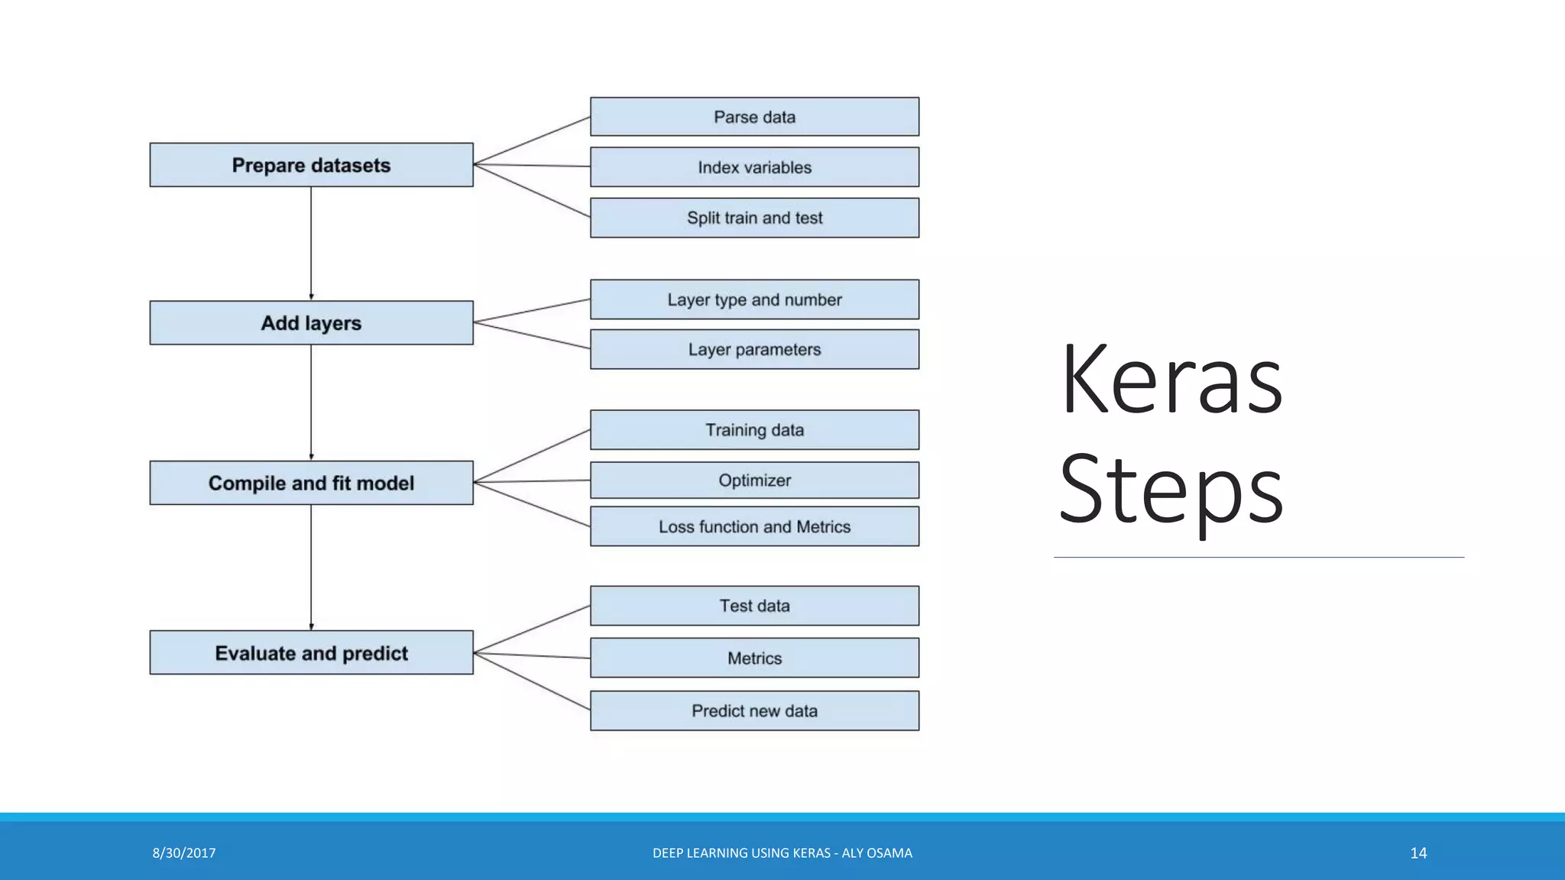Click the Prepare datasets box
pyautogui.click(x=311, y=165)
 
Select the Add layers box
pyautogui.click(x=311, y=323)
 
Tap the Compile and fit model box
pyautogui.click(x=311, y=483)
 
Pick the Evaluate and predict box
pyautogui.click(x=311, y=653)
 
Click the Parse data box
pyautogui.click(x=754, y=117)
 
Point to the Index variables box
pyautogui.click(x=754, y=167)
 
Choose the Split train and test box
pyautogui.click(x=754, y=218)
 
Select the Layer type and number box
pyautogui.click(x=754, y=299)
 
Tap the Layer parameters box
pyautogui.click(x=754, y=350)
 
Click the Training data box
pyautogui.click(x=754, y=430)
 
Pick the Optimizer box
pyautogui.click(x=754, y=480)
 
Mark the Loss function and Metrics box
pyautogui.click(x=754, y=527)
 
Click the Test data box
pyautogui.click(x=754, y=606)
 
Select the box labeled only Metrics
pyautogui.click(x=754, y=658)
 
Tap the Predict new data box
pyautogui.click(x=754, y=711)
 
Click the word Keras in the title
pyautogui.click(x=1171, y=380)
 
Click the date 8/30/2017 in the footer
pyautogui.click(x=184, y=853)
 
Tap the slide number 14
pyautogui.click(x=1418, y=853)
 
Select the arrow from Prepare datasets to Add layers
pyautogui.click(x=311, y=243)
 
